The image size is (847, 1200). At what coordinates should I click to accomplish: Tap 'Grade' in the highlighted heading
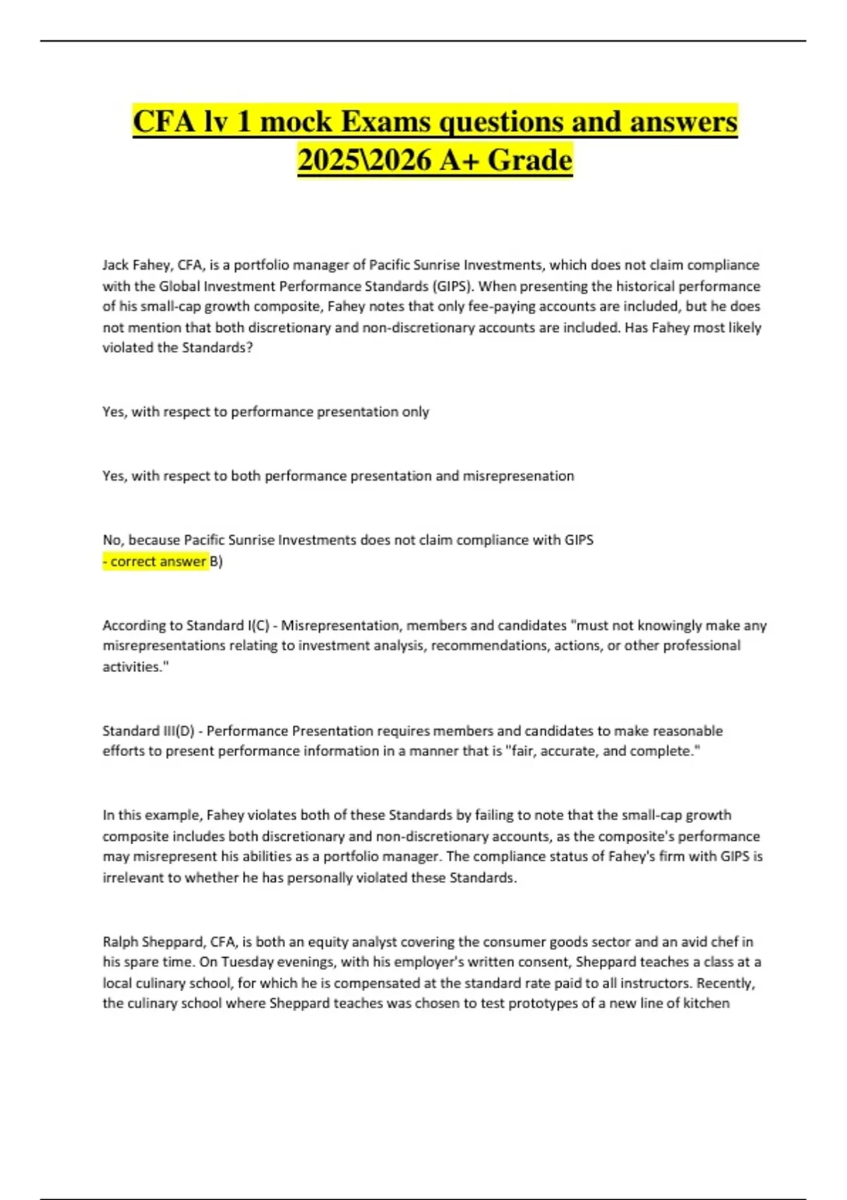click(529, 160)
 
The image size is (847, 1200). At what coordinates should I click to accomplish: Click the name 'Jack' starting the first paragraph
click(115, 265)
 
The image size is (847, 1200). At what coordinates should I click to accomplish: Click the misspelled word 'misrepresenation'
click(518, 476)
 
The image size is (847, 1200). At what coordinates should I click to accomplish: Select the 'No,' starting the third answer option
click(112, 540)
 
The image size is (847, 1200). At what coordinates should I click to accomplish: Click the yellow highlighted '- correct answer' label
click(155, 562)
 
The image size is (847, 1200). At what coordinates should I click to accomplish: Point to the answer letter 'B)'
click(217, 562)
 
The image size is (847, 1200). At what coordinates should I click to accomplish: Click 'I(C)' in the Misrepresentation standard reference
click(259, 625)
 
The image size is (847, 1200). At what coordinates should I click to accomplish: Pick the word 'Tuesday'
click(245, 962)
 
